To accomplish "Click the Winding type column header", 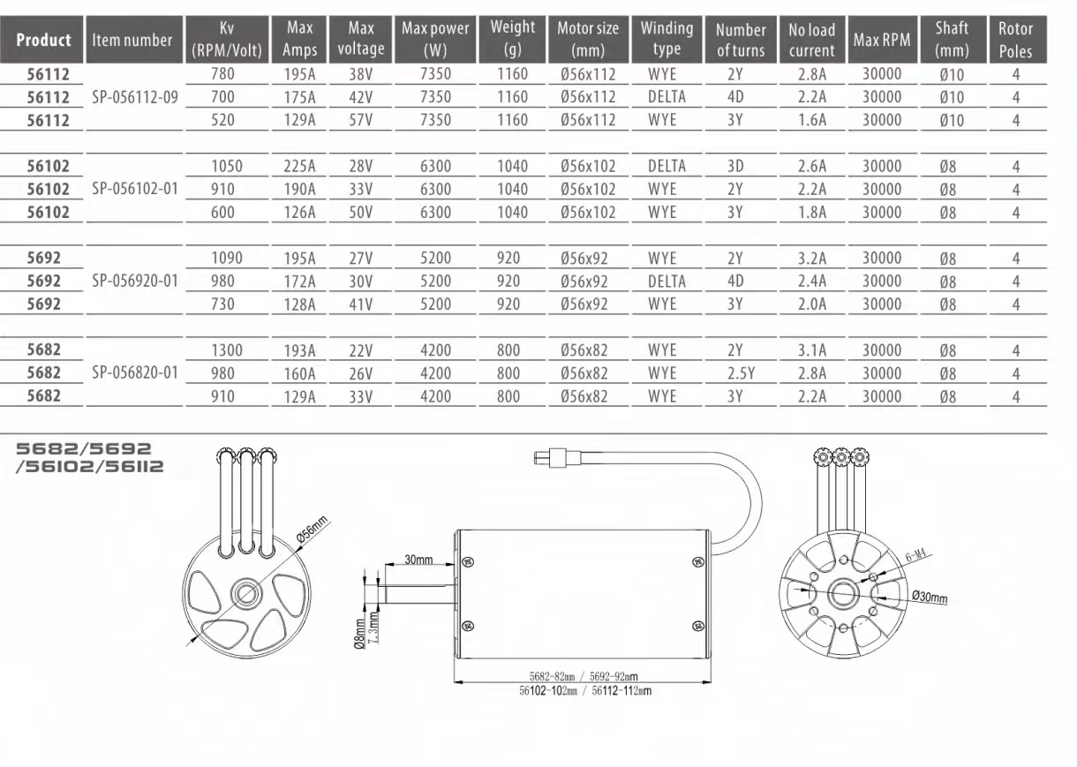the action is [x=667, y=39].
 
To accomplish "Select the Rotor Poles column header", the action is [x=1015, y=40].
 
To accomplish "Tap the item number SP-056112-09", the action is [x=135, y=98].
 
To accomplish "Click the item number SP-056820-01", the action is [x=135, y=373].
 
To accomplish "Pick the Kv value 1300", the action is [x=227, y=350].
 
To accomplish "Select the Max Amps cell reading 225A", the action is [x=299, y=166].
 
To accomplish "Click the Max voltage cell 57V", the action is [x=360, y=120].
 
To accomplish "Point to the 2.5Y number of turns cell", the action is [x=741, y=373].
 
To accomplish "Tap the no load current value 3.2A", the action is [x=812, y=259].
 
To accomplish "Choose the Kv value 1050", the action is [x=227, y=166].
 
